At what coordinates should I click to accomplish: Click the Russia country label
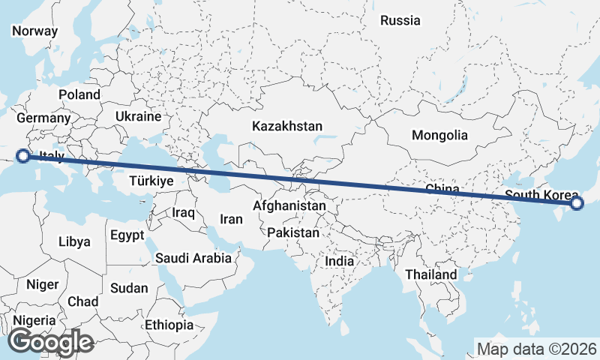[400, 21]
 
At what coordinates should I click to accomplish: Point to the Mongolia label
[439, 136]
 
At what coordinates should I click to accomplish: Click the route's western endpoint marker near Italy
[23, 156]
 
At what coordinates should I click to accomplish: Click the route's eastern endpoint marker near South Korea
[577, 202]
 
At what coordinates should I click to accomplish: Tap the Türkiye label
[151, 181]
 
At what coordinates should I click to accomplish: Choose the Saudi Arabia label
[193, 258]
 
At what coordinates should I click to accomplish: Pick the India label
[340, 262]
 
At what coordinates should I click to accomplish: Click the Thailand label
[431, 275]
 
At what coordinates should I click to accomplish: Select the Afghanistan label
[289, 205]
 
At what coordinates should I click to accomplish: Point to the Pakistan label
[293, 233]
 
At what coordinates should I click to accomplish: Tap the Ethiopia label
[169, 325]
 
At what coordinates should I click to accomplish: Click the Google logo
[51, 343]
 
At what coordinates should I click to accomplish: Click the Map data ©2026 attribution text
[536, 349]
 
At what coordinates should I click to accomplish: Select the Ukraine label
[138, 117]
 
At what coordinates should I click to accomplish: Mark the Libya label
[74, 242]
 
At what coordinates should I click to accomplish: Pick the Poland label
[79, 95]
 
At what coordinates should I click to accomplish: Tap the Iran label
[231, 220]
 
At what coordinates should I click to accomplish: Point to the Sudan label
[129, 288]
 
